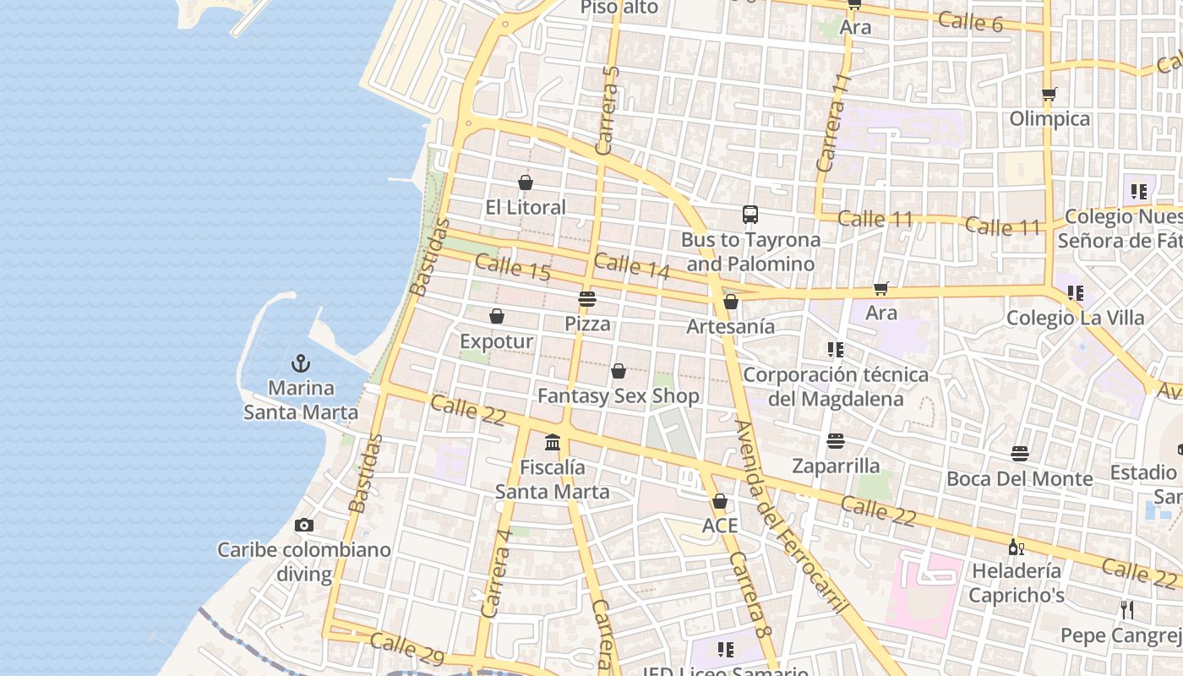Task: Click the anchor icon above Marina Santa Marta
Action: [x=300, y=363]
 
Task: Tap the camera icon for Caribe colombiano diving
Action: [x=304, y=525]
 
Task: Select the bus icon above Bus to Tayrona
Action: [x=750, y=215]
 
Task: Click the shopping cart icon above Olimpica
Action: [x=1049, y=94]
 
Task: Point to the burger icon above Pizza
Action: [x=587, y=299]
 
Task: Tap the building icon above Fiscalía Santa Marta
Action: [x=553, y=442]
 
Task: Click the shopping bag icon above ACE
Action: [x=720, y=501]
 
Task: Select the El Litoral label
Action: [x=526, y=207]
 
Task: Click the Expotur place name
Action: [x=496, y=341]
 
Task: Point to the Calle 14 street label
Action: [x=631, y=266]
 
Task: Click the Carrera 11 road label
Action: [x=831, y=123]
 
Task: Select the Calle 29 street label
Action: [x=406, y=647]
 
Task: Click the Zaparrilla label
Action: [x=836, y=466]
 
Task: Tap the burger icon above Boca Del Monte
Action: [x=1020, y=454]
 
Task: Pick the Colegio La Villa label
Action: [x=1075, y=319]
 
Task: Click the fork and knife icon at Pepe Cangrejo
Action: [x=1127, y=609]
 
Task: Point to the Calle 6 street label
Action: [x=970, y=21]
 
